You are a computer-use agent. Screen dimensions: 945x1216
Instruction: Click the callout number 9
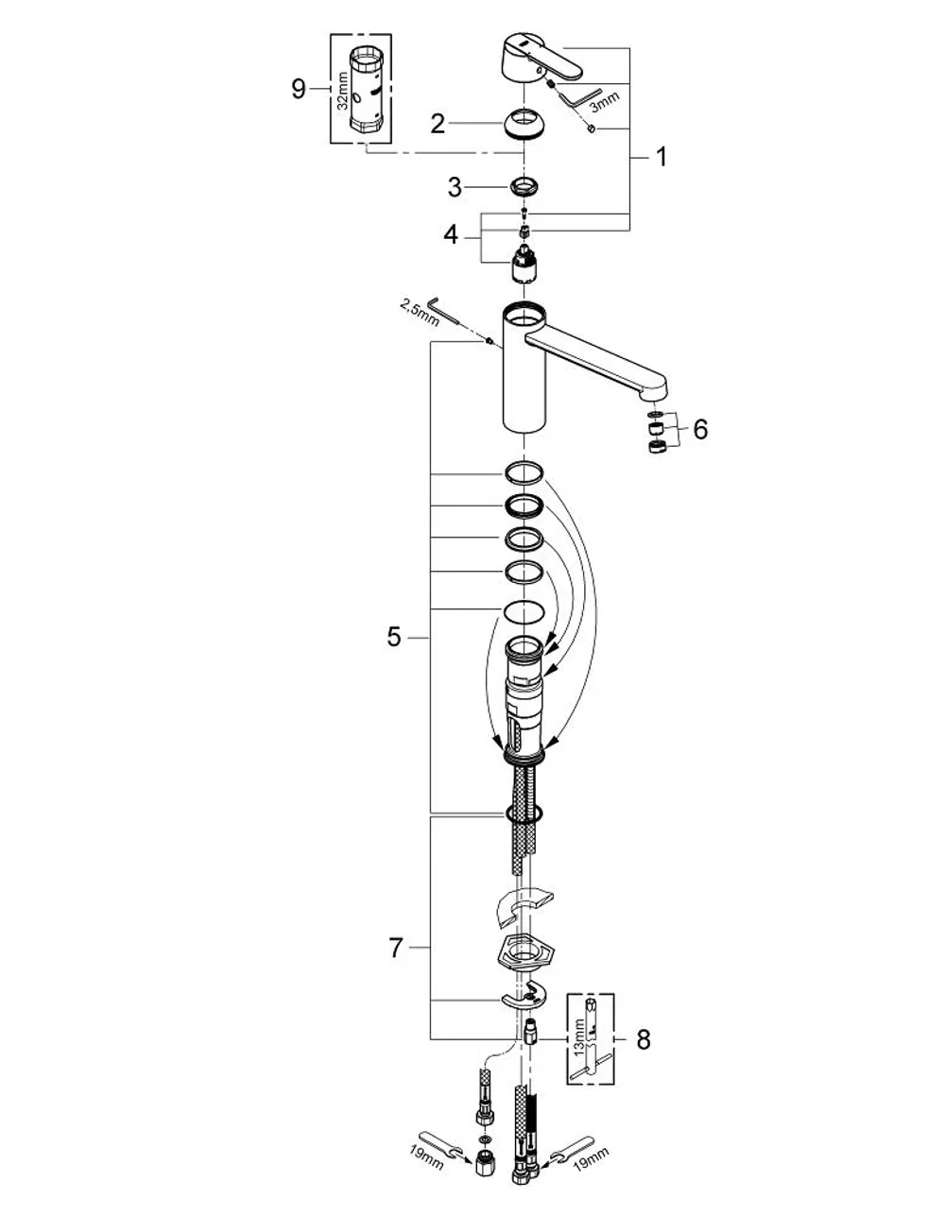(299, 89)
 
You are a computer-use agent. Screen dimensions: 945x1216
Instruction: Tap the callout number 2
(438, 124)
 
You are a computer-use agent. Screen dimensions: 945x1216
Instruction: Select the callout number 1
(661, 157)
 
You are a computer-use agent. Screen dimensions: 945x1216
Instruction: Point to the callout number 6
(700, 429)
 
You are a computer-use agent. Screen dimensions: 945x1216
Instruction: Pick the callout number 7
(396, 948)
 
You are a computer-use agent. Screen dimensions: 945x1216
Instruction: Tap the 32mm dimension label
(343, 92)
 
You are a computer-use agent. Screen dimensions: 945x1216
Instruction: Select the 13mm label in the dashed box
(579, 1036)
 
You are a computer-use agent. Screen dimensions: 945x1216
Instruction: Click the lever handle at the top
(537, 60)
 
